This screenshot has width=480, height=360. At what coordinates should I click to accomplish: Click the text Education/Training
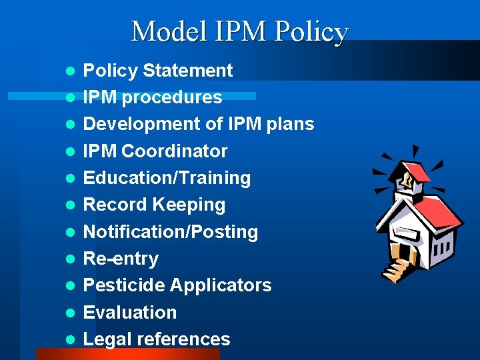(167, 178)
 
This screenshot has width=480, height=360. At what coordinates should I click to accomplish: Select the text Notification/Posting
(170, 232)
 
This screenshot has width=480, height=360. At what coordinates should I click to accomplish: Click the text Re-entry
(121, 259)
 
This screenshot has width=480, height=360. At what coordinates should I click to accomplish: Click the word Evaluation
(129, 312)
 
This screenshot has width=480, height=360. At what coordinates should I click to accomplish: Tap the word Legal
(107, 339)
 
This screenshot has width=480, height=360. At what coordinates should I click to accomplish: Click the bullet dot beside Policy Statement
(69, 71)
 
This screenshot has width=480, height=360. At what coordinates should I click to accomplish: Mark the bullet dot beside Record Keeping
(69, 205)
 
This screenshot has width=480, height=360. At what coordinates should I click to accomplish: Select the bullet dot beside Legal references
(69, 339)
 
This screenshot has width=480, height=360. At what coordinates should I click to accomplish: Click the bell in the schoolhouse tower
(405, 179)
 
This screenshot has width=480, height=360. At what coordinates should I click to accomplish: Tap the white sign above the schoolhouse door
(408, 231)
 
